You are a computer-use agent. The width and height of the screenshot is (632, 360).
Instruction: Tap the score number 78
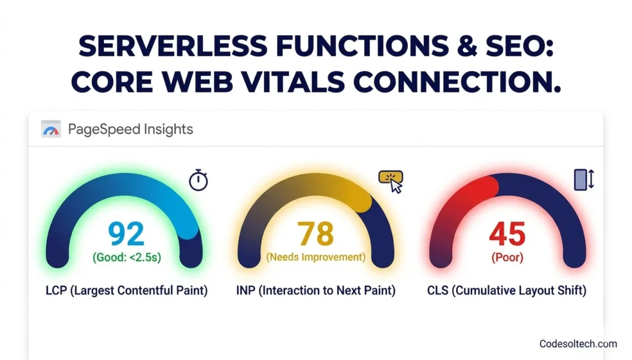tap(316, 234)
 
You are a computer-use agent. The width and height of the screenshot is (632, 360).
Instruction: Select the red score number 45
tap(507, 234)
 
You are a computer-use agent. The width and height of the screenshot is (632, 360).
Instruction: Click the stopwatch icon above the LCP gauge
tap(198, 180)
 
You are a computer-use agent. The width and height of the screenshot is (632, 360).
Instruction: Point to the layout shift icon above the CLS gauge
tap(583, 179)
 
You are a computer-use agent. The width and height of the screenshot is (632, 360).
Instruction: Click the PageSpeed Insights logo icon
tap(51, 129)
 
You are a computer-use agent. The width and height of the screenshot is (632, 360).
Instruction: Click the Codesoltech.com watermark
tap(578, 343)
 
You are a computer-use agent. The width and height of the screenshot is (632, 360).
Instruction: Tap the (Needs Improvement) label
tap(316, 257)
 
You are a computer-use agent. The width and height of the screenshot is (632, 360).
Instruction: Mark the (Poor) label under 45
tap(507, 257)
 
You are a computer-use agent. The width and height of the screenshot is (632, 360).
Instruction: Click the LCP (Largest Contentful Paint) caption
tap(127, 290)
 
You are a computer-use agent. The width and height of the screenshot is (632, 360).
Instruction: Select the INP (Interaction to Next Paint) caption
tap(316, 290)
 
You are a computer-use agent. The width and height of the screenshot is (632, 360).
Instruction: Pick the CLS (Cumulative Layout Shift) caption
tap(507, 290)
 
